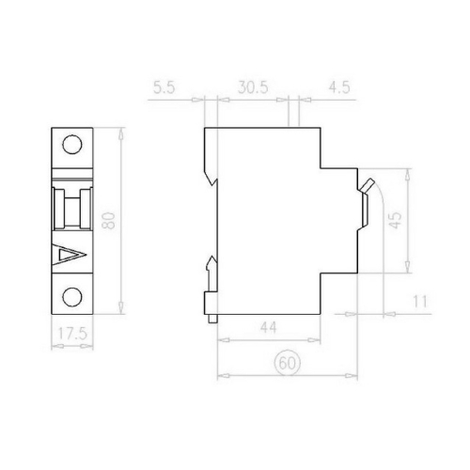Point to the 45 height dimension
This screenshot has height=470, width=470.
pyautogui.click(x=396, y=222)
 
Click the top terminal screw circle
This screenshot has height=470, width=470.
pyautogui.click(x=72, y=145)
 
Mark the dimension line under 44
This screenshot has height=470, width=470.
pyautogui.click(x=269, y=339)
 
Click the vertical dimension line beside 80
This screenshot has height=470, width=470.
pyautogui.click(x=123, y=222)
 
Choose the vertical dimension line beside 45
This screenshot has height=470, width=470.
pyautogui.click(x=410, y=222)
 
